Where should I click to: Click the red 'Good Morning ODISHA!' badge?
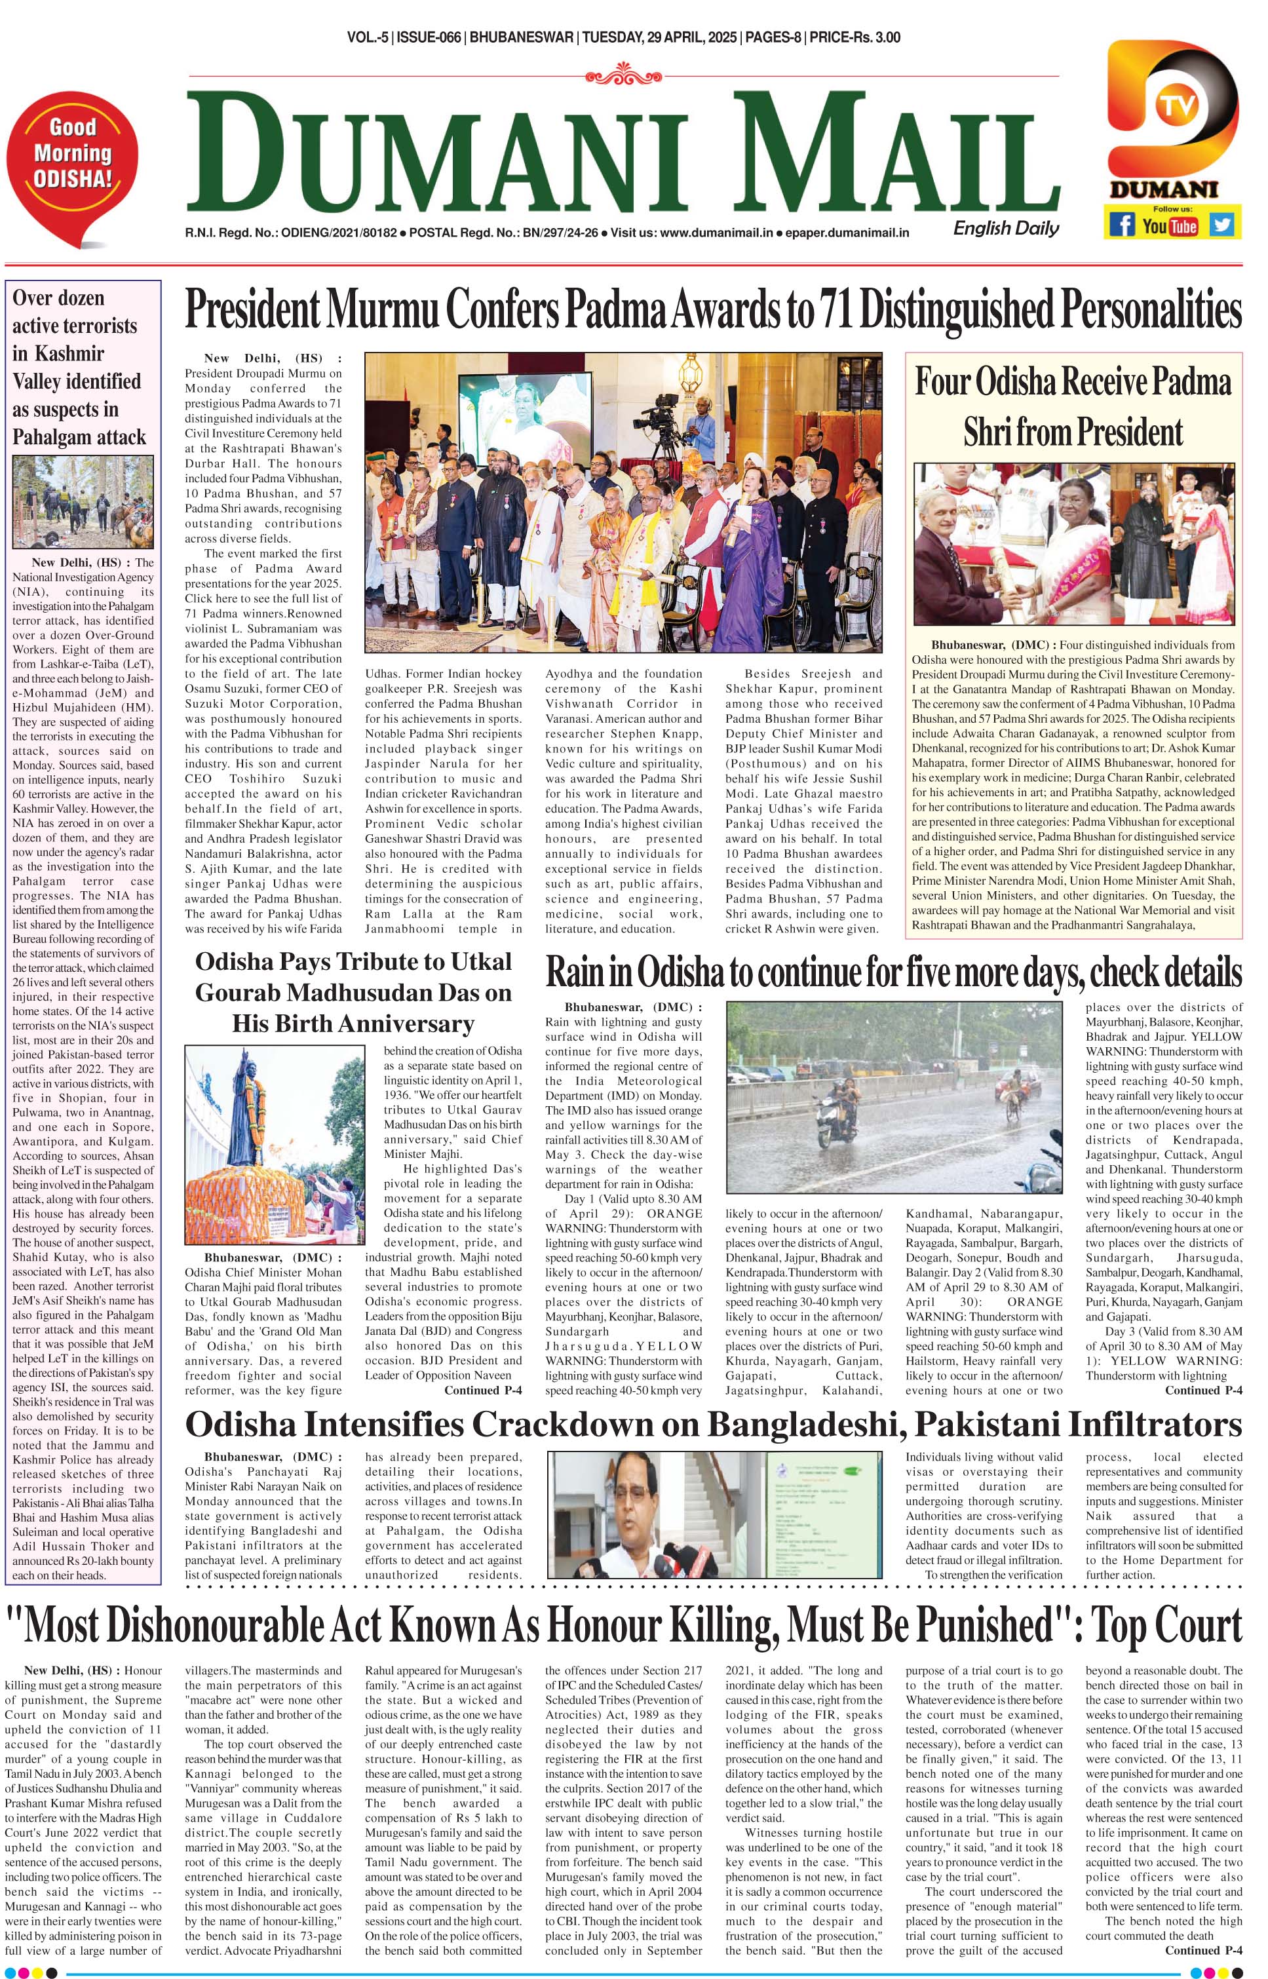tap(73, 157)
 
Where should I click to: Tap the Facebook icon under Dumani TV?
tap(1121, 225)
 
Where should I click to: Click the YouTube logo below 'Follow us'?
tap(1170, 225)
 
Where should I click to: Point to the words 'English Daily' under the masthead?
tap(1005, 229)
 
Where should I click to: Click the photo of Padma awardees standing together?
tap(623, 502)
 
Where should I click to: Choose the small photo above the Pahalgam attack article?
tap(83, 502)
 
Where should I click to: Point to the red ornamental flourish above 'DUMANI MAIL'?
tap(623, 77)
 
